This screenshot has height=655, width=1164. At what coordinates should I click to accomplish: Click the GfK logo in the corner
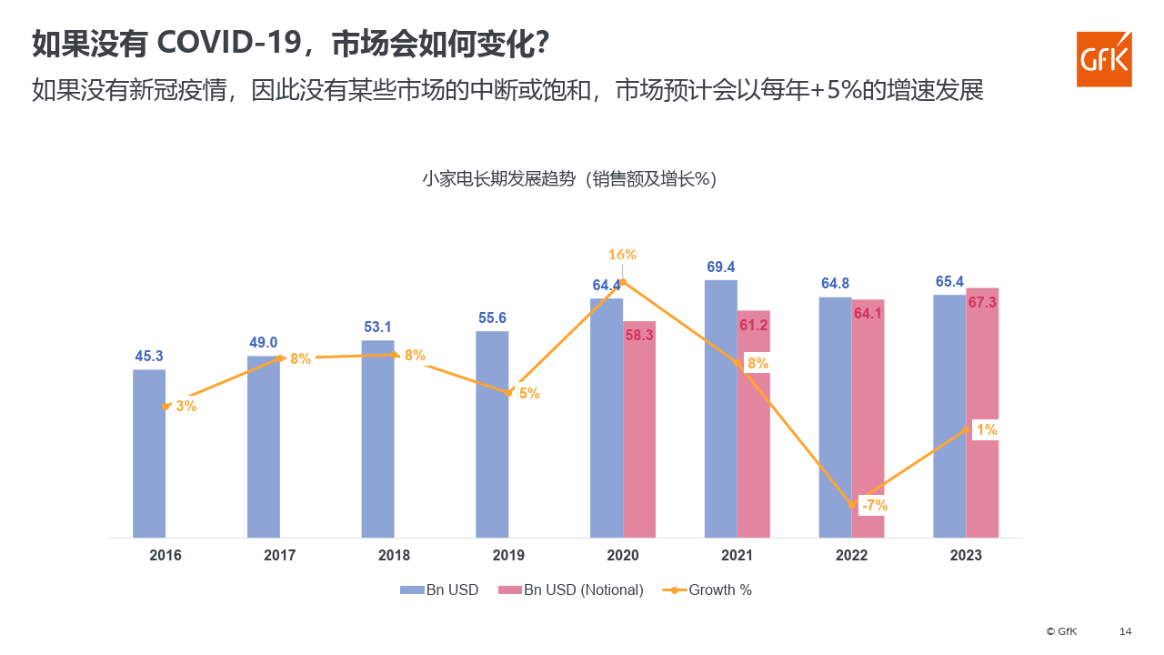point(1104,59)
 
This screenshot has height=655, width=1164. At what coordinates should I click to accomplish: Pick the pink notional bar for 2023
point(982,418)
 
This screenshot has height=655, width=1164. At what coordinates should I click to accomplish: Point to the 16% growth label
point(622,255)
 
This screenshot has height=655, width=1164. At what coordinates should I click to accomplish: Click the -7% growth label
point(874,505)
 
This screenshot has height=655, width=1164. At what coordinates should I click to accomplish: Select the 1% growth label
point(987,429)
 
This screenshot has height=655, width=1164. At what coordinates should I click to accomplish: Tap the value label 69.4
point(720,267)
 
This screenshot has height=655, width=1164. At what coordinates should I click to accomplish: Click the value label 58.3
point(639,335)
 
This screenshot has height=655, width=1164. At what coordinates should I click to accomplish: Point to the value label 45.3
point(149,356)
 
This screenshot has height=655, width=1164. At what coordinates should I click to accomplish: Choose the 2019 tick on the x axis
point(508,555)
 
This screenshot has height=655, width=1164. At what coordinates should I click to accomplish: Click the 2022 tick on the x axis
point(851,555)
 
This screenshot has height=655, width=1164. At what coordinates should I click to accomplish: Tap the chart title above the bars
point(569,179)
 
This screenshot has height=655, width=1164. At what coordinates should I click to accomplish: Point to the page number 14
point(1125,631)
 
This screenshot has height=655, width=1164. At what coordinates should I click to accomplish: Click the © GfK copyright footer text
point(1061,631)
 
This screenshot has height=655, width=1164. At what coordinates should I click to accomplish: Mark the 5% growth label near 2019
point(529,394)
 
